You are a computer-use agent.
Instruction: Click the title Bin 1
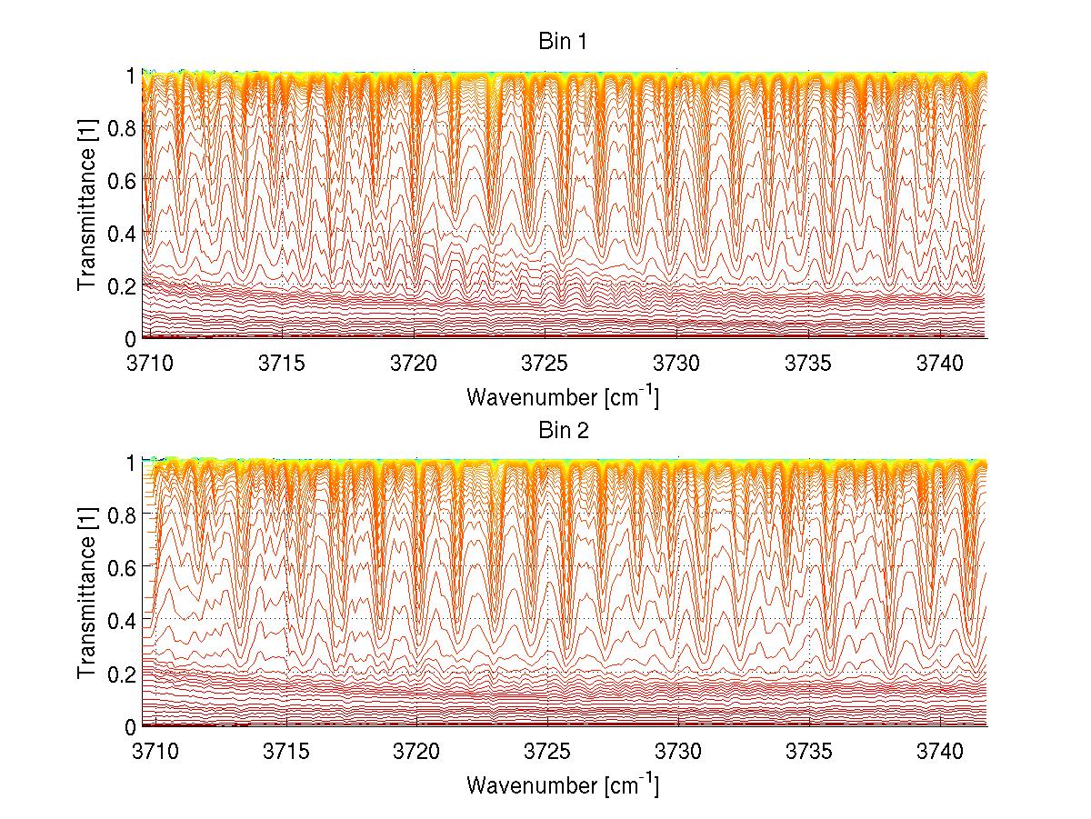[x=564, y=42]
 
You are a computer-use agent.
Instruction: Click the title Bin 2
[x=564, y=430]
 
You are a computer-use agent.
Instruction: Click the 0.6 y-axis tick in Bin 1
[x=123, y=181]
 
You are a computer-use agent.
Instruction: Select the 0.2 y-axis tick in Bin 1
[x=123, y=285]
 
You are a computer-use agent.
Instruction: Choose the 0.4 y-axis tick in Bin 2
[x=123, y=621]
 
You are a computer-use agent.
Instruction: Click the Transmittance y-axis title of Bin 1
[x=87, y=206]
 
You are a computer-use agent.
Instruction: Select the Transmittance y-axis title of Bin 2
[x=87, y=594]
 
